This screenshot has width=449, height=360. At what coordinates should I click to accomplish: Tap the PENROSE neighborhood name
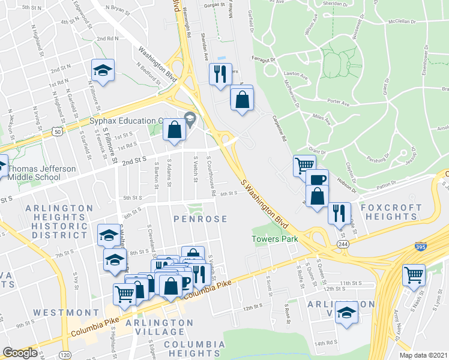click(x=200, y=219)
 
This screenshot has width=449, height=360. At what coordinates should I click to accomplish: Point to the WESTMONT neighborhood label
click(x=66, y=313)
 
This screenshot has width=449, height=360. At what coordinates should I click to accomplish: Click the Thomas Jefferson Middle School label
click(x=42, y=173)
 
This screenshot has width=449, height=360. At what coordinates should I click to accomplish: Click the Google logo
click(x=20, y=353)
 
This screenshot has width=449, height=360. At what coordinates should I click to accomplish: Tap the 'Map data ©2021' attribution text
click(x=423, y=355)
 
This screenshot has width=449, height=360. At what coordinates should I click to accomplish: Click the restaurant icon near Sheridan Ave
click(x=220, y=74)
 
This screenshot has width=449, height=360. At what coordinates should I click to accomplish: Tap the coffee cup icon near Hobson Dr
click(x=317, y=179)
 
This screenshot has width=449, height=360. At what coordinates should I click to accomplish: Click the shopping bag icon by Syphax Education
click(x=174, y=129)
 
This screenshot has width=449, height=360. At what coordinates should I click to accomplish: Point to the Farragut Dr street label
click(x=264, y=60)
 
